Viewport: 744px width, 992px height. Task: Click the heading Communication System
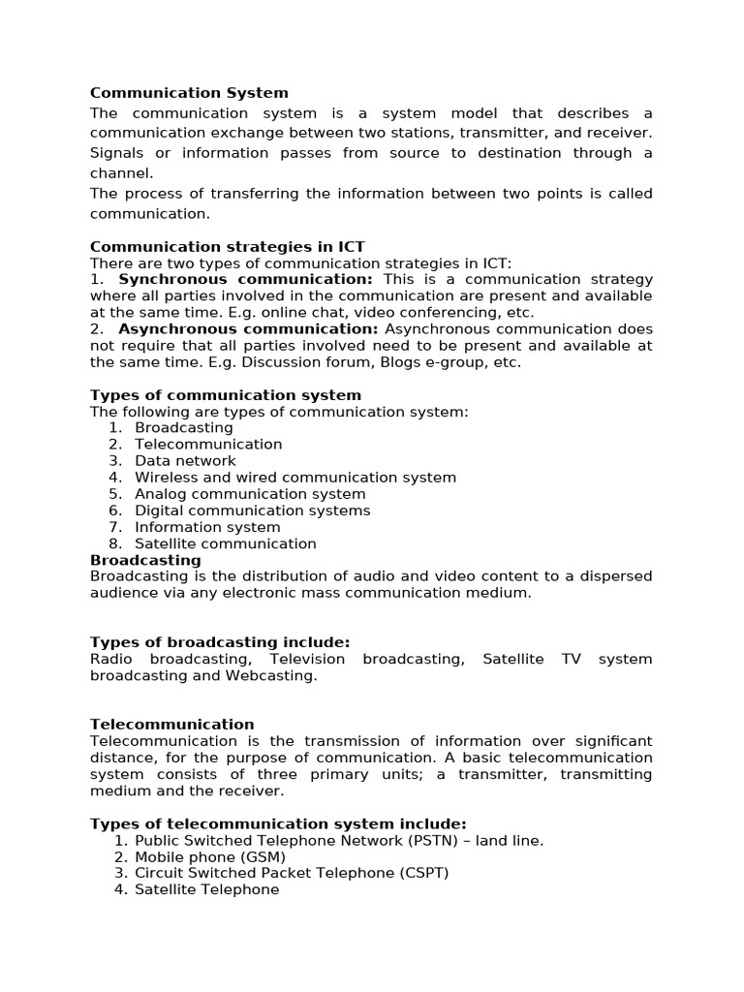(x=189, y=93)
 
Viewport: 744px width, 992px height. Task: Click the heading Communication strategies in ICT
(x=227, y=246)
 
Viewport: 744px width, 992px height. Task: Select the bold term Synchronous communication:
(x=245, y=279)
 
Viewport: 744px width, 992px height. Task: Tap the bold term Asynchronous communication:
(x=248, y=329)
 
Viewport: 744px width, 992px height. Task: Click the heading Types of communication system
(x=225, y=395)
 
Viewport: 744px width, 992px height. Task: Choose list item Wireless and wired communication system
(x=294, y=478)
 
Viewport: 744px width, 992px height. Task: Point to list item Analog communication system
(x=250, y=494)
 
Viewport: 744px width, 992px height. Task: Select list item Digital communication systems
(x=252, y=511)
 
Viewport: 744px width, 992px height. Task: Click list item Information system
(x=207, y=527)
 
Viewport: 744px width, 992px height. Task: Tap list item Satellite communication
(x=225, y=543)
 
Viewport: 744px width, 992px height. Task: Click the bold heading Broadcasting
(x=145, y=560)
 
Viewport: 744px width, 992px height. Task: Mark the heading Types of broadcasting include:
(x=219, y=642)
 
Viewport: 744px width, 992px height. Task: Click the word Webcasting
(x=270, y=675)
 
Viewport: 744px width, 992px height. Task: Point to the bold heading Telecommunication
(x=171, y=725)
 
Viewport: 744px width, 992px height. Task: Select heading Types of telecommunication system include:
(x=278, y=823)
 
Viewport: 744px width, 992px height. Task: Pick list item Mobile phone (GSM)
(x=210, y=857)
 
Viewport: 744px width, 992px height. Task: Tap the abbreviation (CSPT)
(x=422, y=873)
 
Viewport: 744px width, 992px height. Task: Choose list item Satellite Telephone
(x=206, y=889)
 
